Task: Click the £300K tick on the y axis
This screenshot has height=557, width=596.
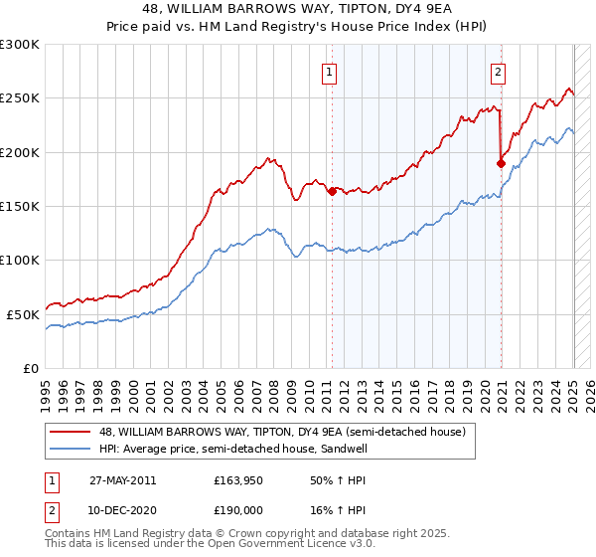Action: [x=20, y=45]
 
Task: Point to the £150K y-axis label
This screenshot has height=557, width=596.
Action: [x=20, y=206]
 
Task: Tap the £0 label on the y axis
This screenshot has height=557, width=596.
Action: [x=30, y=368]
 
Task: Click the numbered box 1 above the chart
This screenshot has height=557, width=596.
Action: [x=329, y=71]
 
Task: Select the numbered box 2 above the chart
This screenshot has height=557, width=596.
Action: [x=497, y=71]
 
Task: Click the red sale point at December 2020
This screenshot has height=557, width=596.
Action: [x=501, y=163]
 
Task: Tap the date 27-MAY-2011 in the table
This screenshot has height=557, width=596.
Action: [x=122, y=479]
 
